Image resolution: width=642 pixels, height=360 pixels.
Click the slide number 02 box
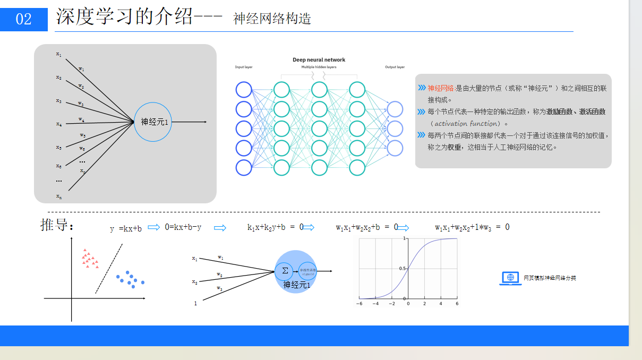tap(24, 20)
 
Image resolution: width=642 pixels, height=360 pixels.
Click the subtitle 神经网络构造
tap(272, 19)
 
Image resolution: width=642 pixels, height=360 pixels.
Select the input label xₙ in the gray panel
tap(59, 196)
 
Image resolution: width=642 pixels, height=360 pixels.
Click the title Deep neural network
tap(319, 60)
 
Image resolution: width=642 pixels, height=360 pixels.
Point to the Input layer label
tap(243, 67)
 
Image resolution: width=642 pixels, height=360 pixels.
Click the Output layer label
tap(395, 67)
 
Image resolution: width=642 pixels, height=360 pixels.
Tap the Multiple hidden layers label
tap(319, 67)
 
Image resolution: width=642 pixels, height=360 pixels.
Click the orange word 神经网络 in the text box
tap(441, 88)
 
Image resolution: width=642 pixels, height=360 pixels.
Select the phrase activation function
tap(466, 124)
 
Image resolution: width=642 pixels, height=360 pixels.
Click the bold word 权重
tap(454, 147)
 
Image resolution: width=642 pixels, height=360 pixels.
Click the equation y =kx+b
tap(126, 228)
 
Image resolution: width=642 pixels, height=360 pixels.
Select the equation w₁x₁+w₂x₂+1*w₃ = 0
tap(472, 227)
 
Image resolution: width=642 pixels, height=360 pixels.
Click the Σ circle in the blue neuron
tap(285, 270)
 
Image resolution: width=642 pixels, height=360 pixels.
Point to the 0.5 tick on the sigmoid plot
tap(403, 269)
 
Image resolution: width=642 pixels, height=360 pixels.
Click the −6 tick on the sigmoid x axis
tap(359, 304)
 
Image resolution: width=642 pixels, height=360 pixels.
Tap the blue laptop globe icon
tap(510, 278)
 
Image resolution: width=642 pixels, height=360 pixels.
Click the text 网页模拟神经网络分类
tap(550, 278)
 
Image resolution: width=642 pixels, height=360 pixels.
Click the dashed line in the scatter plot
tap(109, 268)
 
